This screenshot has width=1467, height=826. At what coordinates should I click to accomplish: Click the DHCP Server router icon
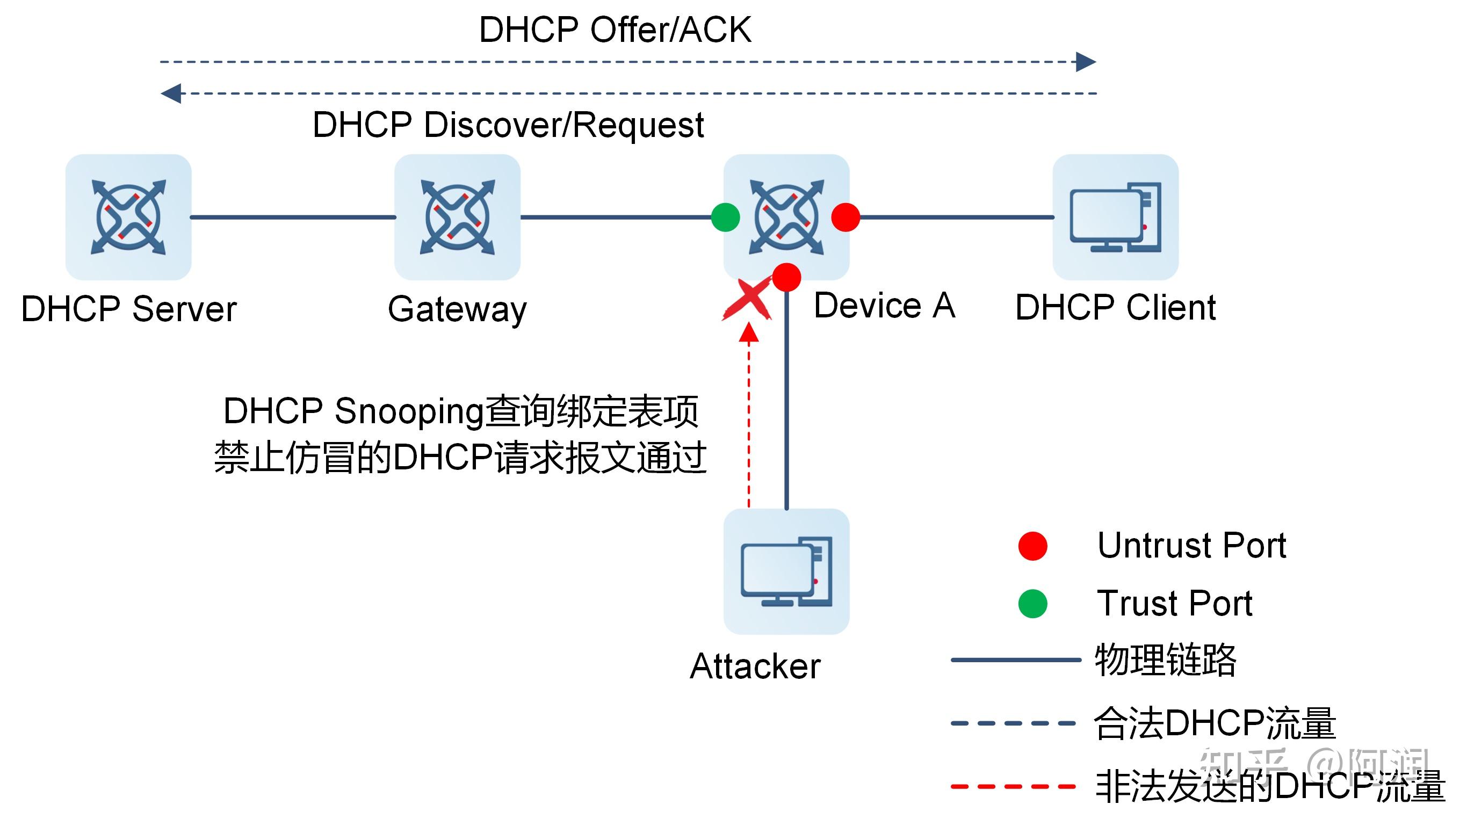pyautogui.click(x=128, y=217)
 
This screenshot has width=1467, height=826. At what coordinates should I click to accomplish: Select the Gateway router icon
pyautogui.click(x=457, y=217)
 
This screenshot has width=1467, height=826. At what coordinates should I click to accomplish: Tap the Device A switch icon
pyautogui.click(x=786, y=217)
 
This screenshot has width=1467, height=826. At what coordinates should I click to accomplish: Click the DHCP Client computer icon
pyautogui.click(x=1115, y=217)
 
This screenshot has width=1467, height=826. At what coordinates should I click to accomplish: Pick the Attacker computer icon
pyautogui.click(x=786, y=571)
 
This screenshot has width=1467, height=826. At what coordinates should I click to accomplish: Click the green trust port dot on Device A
pyautogui.click(x=726, y=217)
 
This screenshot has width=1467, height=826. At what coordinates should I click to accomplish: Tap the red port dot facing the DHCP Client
pyautogui.click(x=845, y=217)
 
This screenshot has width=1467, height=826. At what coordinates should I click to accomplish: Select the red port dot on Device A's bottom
pyautogui.click(x=786, y=277)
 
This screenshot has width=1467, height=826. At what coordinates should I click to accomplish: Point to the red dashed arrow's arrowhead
pyautogui.click(x=748, y=334)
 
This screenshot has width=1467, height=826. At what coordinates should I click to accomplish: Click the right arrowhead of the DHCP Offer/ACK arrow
pyautogui.click(x=1086, y=61)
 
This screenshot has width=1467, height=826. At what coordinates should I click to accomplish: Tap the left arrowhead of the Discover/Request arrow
pyautogui.click(x=171, y=93)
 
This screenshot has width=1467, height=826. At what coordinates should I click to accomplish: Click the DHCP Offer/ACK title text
pyautogui.click(x=615, y=30)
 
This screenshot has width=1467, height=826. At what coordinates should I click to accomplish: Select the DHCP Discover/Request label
pyautogui.click(x=508, y=125)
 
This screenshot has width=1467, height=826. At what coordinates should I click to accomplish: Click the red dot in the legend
pyautogui.click(x=1032, y=546)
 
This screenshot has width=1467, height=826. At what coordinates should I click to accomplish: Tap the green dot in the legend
pyautogui.click(x=1032, y=604)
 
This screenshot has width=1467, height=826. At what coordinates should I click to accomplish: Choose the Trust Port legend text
pyautogui.click(x=1174, y=604)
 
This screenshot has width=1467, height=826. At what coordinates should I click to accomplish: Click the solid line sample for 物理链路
pyautogui.click(x=1015, y=660)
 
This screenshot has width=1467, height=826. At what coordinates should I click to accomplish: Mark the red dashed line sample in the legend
pyautogui.click(x=1013, y=787)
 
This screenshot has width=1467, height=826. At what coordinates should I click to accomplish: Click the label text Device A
pyautogui.click(x=884, y=306)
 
